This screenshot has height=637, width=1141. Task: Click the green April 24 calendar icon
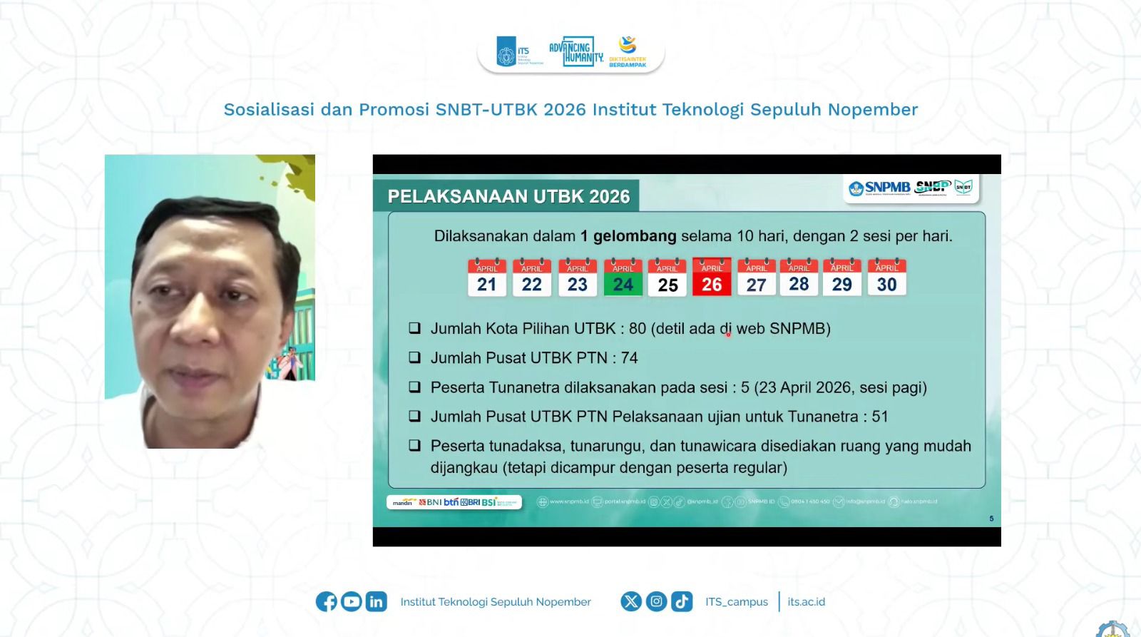tap(623, 277)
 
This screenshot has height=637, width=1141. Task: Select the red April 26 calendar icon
tap(712, 277)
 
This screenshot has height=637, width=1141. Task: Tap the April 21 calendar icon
tap(487, 277)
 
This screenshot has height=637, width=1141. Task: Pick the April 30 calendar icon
tap(886, 277)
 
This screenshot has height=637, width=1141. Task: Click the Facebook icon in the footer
tap(327, 601)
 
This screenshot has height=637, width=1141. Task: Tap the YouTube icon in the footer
tap(351, 601)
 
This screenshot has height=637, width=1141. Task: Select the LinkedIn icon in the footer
tap(376, 601)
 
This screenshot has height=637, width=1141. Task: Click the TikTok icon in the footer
tap(682, 601)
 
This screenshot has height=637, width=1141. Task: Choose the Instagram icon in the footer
tap(657, 601)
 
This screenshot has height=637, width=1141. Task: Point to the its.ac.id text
tap(806, 601)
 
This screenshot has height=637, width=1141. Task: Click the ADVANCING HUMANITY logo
tap(575, 51)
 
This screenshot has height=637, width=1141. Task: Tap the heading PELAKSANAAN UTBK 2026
tap(508, 196)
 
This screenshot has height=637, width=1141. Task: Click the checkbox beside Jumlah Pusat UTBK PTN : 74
tap(414, 357)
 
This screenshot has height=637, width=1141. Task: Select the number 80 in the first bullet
tap(637, 329)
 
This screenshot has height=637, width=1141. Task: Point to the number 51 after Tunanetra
tap(879, 417)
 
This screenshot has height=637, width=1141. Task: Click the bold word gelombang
tap(634, 236)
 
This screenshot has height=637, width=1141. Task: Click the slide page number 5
tap(991, 519)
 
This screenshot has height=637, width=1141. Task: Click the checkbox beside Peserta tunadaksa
tap(414, 446)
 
